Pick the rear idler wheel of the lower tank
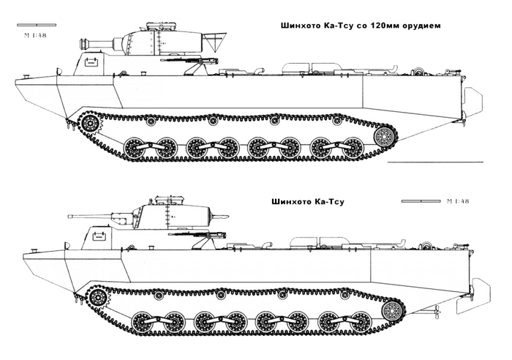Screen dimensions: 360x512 coord(395,310)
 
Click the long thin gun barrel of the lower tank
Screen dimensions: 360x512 coord(88,215)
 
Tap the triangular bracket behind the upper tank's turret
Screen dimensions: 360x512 coord(213,37)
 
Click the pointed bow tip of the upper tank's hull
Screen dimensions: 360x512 coord(16,78)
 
